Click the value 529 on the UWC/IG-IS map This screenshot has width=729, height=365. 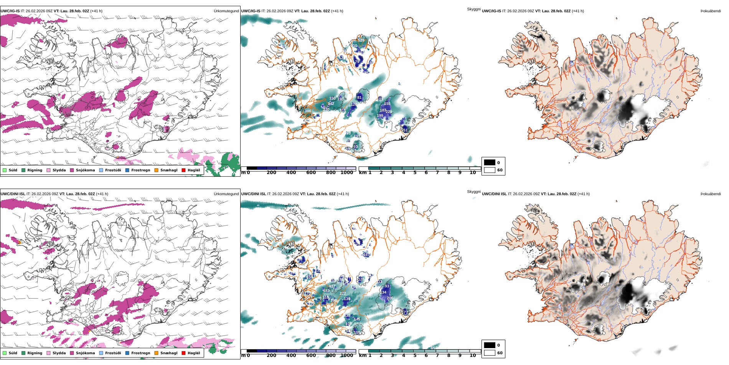(361, 40)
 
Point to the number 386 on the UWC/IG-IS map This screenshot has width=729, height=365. (308, 111)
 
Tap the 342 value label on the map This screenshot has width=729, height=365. (331, 103)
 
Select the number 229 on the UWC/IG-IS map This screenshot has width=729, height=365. (389, 112)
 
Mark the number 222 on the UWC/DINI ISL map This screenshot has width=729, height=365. (343, 293)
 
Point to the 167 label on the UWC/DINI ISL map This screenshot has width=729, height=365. (366, 254)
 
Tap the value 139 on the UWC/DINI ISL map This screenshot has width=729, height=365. (347, 299)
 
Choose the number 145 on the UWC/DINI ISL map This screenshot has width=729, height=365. (357, 319)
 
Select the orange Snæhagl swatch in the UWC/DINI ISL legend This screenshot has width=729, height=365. (156, 353)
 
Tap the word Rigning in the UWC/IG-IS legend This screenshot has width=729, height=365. (35, 170)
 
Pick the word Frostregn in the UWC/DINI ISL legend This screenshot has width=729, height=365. (140, 353)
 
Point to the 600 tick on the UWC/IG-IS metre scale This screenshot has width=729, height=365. (311, 173)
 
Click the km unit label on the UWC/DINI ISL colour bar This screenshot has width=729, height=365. (363, 355)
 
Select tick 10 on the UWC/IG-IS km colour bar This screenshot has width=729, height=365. (473, 173)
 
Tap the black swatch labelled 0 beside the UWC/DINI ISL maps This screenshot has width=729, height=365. (490, 345)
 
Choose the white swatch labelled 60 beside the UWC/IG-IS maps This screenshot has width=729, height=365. (490, 170)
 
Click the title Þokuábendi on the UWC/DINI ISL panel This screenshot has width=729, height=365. (711, 194)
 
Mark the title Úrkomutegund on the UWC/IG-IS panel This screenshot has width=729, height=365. (226, 11)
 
